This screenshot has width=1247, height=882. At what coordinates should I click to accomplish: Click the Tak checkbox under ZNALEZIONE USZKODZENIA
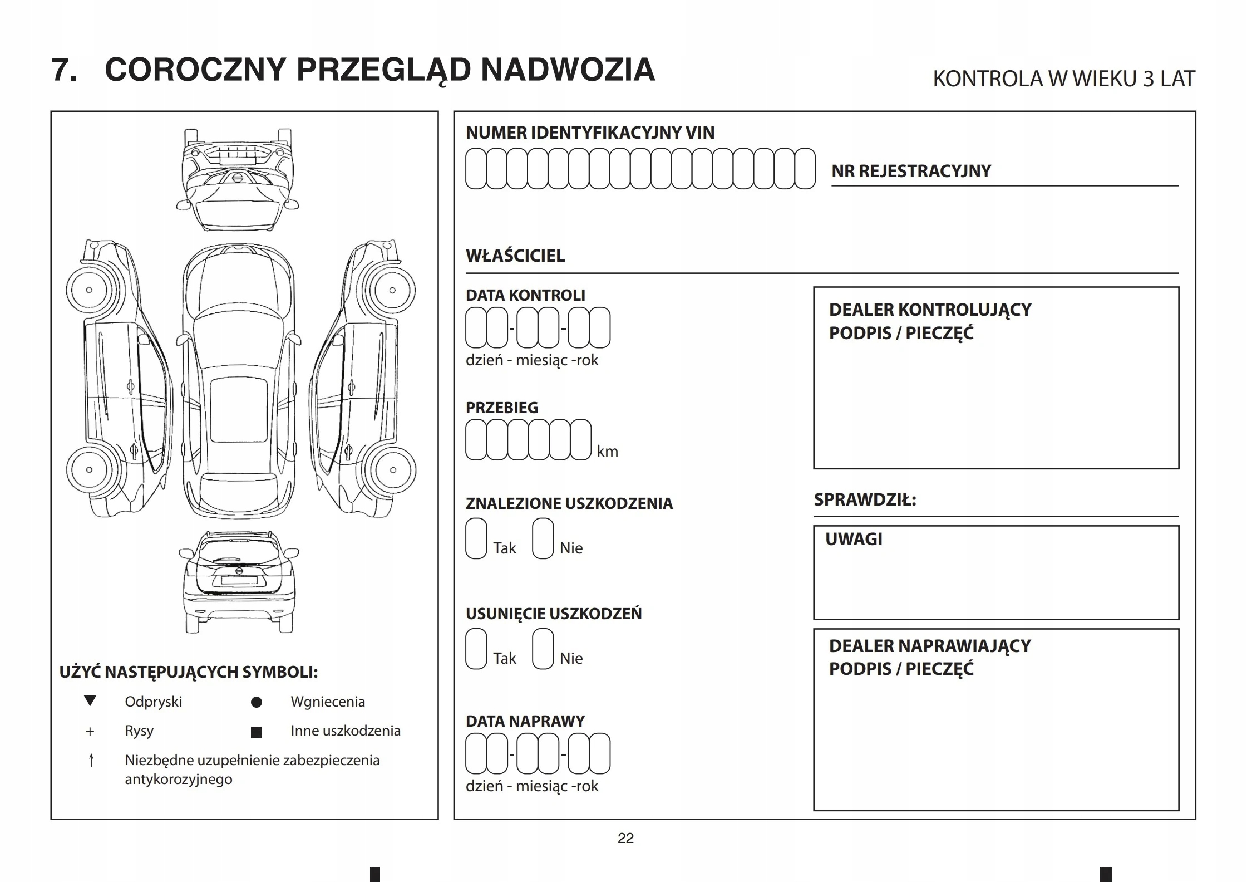click(x=476, y=538)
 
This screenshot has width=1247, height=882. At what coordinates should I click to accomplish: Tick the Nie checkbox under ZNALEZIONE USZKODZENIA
click(x=543, y=538)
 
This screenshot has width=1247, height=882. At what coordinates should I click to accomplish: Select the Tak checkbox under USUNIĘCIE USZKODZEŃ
click(x=476, y=648)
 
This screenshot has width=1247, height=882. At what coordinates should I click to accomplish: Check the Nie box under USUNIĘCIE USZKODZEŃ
click(x=543, y=648)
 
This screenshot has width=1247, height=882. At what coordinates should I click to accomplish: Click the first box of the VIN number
click(x=475, y=168)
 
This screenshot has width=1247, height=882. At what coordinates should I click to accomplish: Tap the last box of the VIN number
click(x=805, y=168)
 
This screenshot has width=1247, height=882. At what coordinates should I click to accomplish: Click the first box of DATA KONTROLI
click(x=476, y=327)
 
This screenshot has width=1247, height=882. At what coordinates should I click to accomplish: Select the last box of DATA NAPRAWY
click(x=600, y=753)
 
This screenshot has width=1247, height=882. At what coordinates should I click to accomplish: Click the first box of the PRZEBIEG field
click(x=476, y=439)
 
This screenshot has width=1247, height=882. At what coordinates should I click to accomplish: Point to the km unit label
click(x=607, y=451)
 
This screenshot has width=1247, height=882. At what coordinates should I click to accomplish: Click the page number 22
click(x=625, y=838)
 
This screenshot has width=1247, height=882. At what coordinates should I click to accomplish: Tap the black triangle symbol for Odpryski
click(x=90, y=701)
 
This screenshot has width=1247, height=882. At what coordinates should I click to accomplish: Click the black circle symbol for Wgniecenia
click(x=257, y=702)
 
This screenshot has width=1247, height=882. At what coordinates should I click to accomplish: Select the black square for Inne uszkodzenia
click(x=257, y=732)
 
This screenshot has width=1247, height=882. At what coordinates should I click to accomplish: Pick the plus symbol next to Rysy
click(x=90, y=731)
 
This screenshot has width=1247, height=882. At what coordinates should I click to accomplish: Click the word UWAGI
click(x=854, y=539)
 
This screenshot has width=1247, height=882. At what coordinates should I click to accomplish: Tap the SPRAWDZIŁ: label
click(x=865, y=499)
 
